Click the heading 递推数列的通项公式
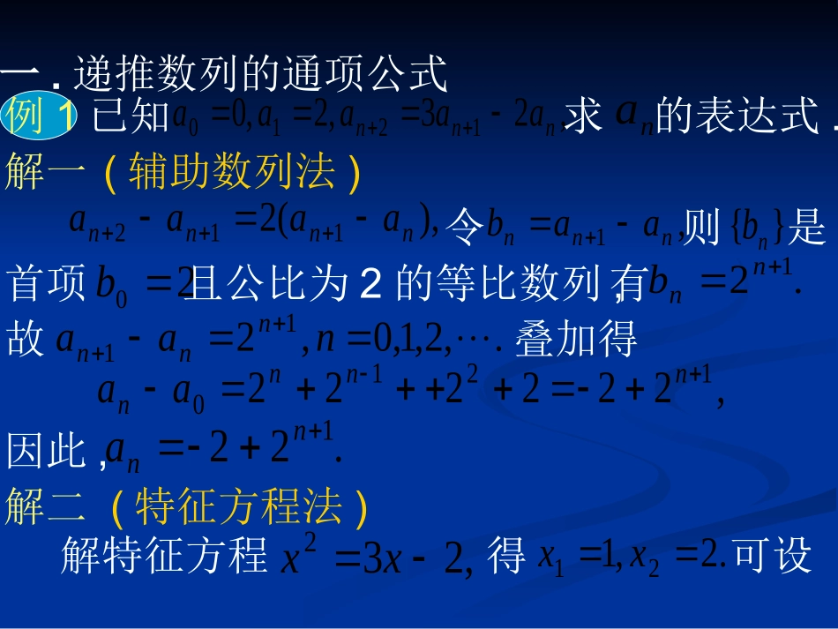coord(261,75)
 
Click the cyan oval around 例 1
coord(41,116)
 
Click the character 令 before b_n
coord(465,229)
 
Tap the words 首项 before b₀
coord(47,284)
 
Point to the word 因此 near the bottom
coord(46,452)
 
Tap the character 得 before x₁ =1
coord(506,556)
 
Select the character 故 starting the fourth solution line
coord(25,340)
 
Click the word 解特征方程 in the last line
coord(164,556)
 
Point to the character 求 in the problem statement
coord(583,116)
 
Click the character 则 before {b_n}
coord(702,229)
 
